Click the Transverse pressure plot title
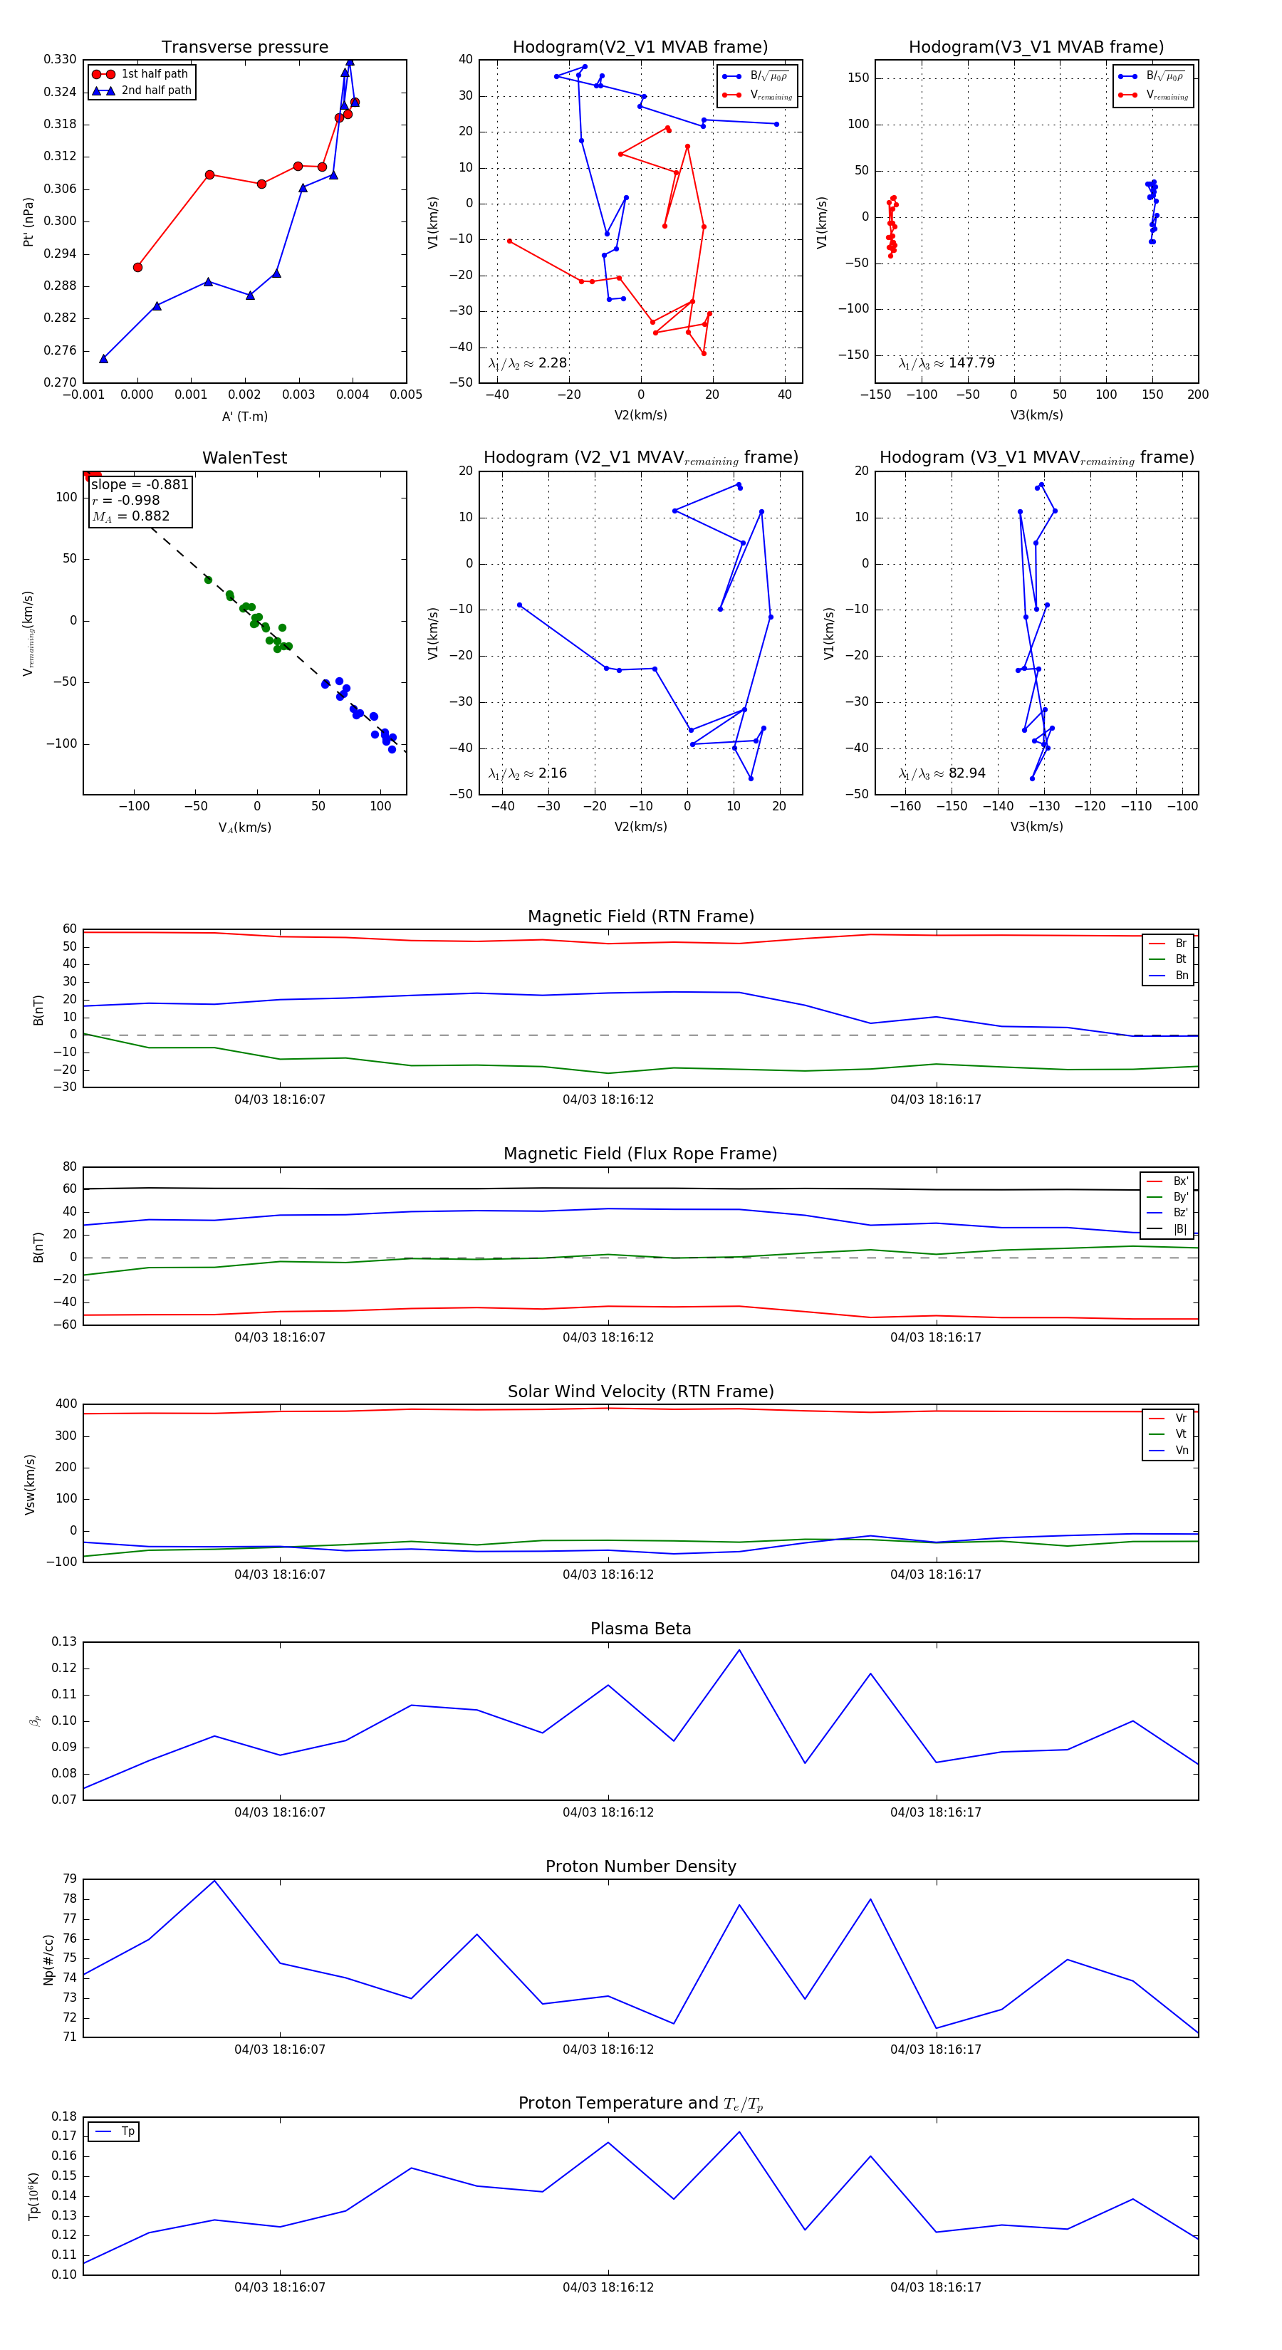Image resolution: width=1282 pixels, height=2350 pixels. point(244,48)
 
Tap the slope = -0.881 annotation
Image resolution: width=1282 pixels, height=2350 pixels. point(140,484)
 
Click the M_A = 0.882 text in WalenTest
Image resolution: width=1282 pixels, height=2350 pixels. point(130,516)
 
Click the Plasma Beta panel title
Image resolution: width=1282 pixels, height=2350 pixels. point(640,1629)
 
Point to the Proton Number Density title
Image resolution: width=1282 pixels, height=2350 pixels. point(640,1866)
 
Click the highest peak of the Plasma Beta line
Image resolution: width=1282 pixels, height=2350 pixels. point(739,1649)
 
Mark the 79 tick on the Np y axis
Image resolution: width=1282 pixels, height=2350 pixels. point(69,1879)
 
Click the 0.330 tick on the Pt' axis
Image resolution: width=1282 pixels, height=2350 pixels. point(61,61)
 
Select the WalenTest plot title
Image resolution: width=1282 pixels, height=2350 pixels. point(244,458)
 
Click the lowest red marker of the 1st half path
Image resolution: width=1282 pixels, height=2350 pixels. point(137,267)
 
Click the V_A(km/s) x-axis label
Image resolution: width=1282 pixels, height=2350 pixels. point(244,827)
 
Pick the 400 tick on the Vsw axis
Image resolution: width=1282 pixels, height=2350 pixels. point(66,1404)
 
